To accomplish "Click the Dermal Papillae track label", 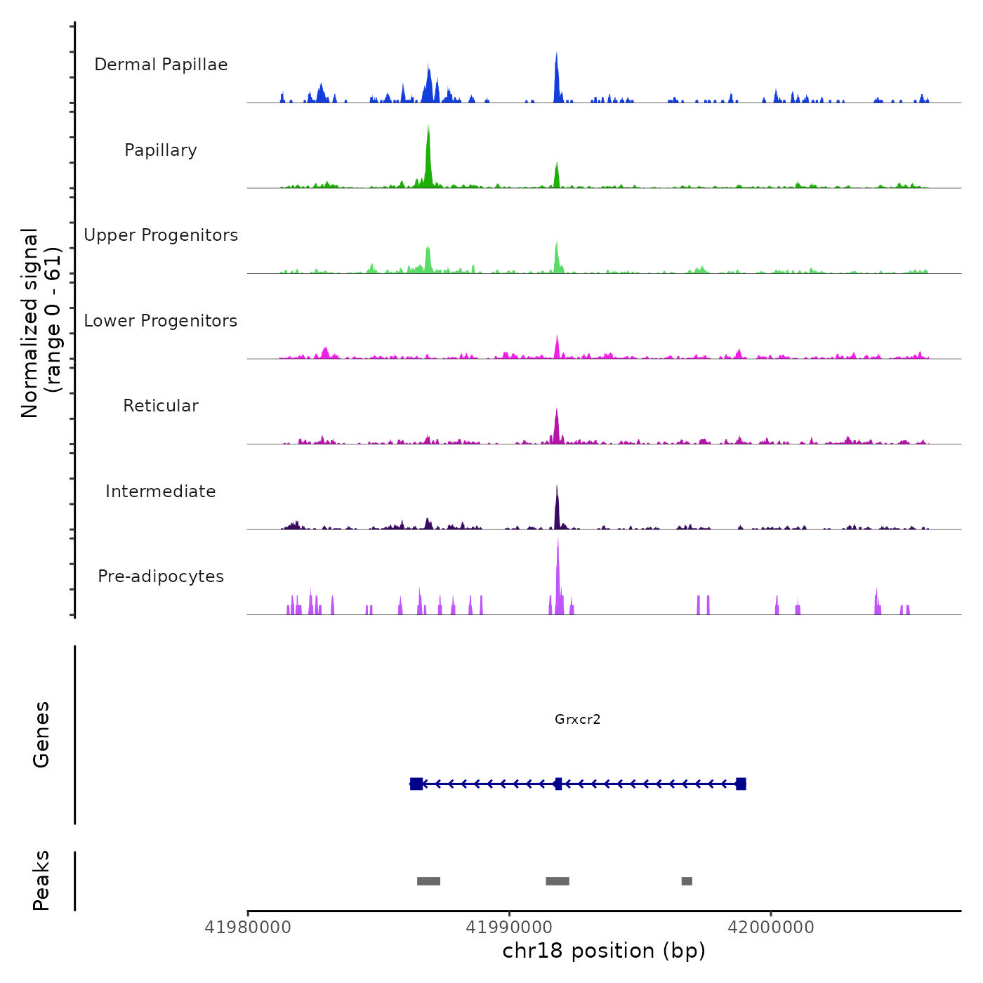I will [161, 65].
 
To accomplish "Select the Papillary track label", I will [161, 150].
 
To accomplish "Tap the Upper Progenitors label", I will [161, 235].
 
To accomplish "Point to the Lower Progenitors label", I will [161, 321].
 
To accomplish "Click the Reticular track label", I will [161, 406].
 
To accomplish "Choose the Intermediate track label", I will [161, 491].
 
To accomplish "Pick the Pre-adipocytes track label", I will [161, 576].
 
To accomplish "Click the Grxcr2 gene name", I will [577, 720].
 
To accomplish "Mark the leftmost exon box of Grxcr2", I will [416, 784].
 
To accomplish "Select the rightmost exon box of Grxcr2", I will [741, 784].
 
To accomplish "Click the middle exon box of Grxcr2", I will [558, 784].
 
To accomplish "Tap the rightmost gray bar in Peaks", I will [687, 881].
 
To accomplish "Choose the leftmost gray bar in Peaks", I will [428, 881].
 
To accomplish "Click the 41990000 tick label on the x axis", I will [509, 928].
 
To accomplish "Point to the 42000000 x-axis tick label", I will [771, 928].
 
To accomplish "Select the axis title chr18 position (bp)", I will [604, 951].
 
